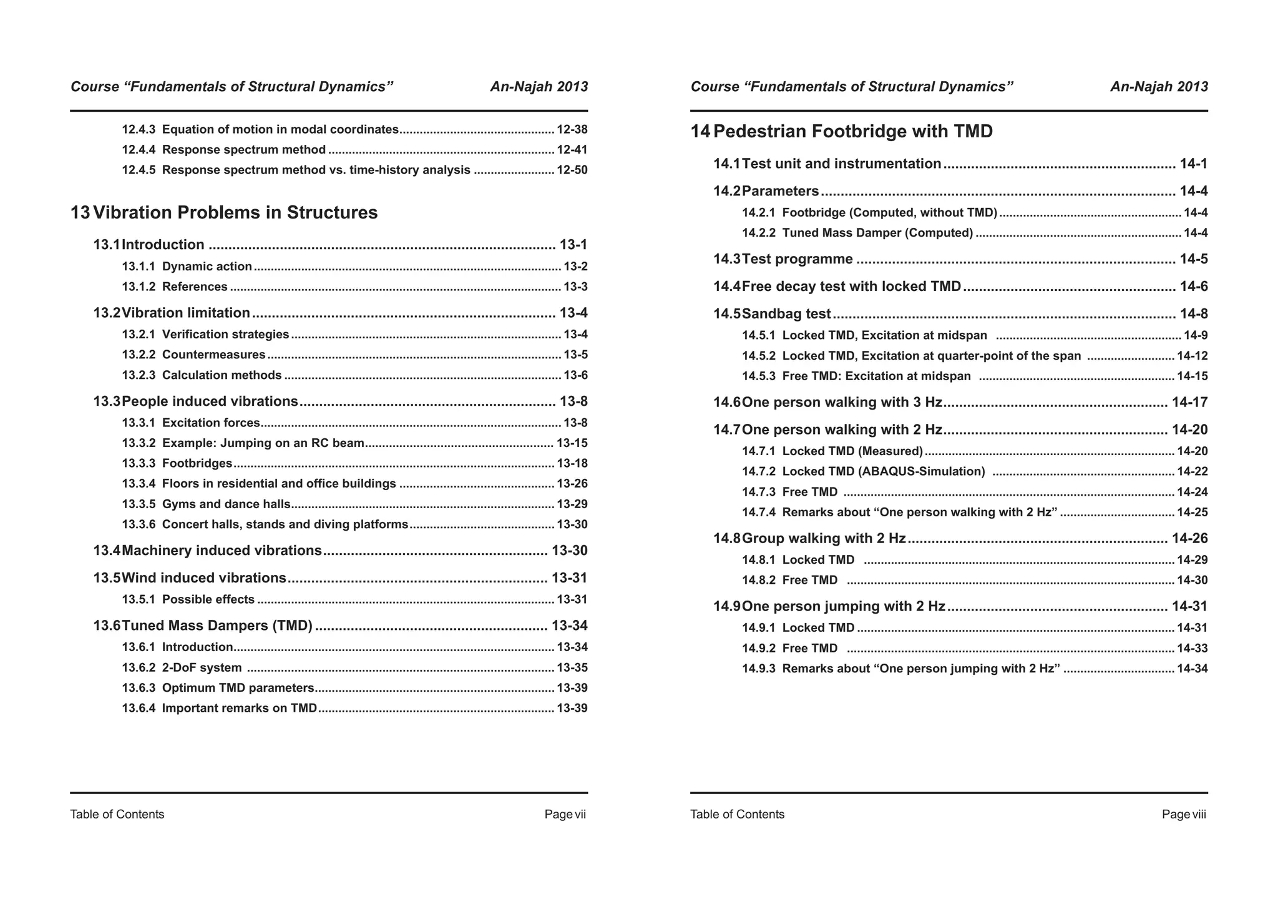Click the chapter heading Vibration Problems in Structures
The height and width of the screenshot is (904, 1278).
pos(235,213)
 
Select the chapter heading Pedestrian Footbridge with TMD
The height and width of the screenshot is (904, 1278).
pos(852,132)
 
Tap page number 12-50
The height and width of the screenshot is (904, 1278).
pos(572,170)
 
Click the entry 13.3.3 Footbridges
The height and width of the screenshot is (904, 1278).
pos(197,463)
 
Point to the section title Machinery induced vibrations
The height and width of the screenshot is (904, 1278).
pos(222,551)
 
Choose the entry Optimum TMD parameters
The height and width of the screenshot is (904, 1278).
pos(238,688)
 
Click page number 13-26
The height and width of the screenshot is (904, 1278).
pos(572,484)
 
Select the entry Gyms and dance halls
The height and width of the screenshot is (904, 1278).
pos(226,504)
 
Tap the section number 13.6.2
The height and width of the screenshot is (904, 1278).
pos(138,667)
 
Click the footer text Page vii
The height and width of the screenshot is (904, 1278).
pos(565,814)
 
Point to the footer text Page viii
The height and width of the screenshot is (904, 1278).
pos(1184,814)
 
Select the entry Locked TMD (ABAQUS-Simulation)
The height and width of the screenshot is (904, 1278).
pos(883,471)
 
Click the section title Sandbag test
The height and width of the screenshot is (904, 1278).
pos(786,314)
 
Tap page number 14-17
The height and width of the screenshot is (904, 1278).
pos(1189,402)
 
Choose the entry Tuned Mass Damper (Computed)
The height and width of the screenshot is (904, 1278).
pos(877,233)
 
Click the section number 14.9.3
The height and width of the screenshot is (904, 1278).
pos(758,669)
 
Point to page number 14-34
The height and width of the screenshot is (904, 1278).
pos(1192,669)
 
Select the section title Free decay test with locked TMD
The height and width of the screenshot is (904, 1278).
pos(851,287)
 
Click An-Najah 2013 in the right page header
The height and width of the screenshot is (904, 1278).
pos(1159,87)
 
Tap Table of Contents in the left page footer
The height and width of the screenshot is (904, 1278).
pos(117,814)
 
